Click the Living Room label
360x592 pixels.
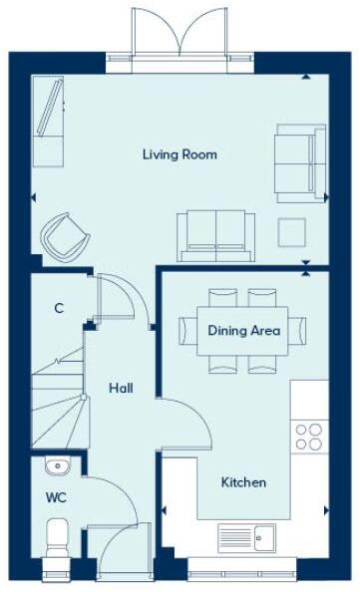pos(180,154)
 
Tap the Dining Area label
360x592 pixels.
pos(243,331)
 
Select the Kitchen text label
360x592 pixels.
pos(243,482)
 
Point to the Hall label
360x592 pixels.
pos(121,389)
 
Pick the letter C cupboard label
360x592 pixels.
pos(59,309)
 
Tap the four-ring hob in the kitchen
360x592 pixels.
pos(308,437)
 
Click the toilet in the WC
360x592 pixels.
pos(56,535)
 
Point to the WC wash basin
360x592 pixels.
pos(55,464)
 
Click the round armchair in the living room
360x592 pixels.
pos(63,235)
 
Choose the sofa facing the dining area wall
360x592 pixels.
pos(212,231)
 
